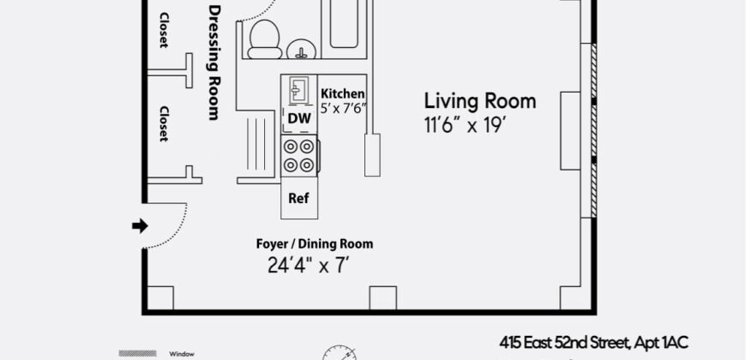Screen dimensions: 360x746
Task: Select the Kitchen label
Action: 343,93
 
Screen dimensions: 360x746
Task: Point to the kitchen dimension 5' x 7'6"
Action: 343,108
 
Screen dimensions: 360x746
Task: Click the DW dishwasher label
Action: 298,118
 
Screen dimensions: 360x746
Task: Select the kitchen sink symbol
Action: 298,90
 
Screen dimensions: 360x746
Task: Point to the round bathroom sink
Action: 301,49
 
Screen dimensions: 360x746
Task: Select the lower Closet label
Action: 163,124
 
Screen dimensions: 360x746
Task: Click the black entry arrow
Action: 137,226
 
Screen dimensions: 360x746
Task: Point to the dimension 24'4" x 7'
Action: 308,265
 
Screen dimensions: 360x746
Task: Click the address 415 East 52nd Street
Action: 594,341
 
